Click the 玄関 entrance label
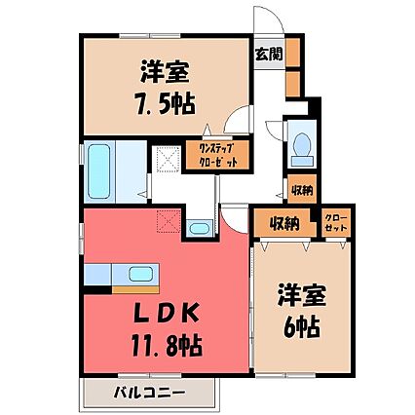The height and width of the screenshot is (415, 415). tap(269, 55)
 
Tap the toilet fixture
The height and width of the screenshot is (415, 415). tap(302, 149)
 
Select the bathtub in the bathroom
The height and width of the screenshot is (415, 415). tap(98, 171)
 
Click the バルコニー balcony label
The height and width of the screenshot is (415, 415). tap(150, 393)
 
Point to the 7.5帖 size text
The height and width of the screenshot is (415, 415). tap(166, 103)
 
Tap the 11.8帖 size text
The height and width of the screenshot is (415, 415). tap(167, 346)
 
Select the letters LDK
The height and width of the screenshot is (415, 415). tap(167, 314)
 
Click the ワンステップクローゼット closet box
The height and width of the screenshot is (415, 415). tap(217, 155)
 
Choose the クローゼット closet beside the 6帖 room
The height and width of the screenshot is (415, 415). tap(336, 223)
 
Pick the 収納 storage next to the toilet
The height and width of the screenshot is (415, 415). tap(302, 189)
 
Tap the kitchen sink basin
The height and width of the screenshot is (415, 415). tap(140, 274)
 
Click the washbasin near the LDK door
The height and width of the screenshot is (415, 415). tap(199, 228)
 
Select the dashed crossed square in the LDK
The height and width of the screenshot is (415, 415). tap(169, 221)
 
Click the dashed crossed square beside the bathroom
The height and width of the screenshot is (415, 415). tap(169, 160)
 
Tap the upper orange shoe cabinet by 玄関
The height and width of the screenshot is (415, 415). tap(293, 53)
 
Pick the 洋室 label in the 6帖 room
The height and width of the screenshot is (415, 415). tap(302, 294)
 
